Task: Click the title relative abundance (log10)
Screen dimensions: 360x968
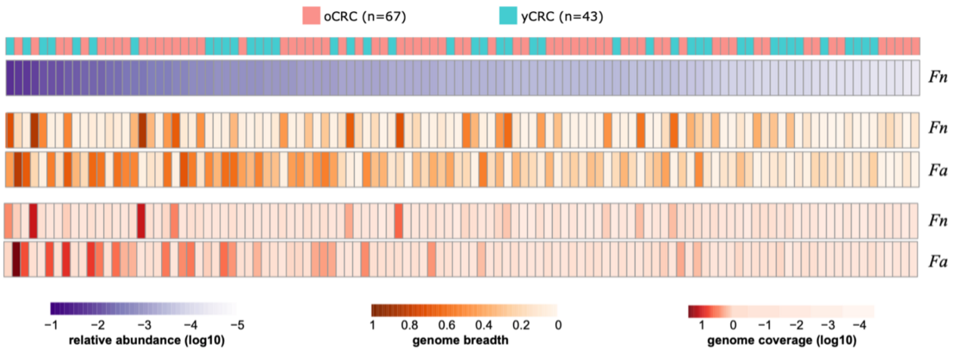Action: tap(147, 340)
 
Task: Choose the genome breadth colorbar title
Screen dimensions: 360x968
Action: tap(460, 340)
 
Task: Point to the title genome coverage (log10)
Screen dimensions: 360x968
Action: tap(782, 340)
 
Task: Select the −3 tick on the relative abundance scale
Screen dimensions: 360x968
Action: tap(144, 325)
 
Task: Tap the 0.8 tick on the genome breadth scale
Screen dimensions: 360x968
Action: tap(408, 325)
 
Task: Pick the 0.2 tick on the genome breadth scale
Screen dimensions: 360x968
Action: tap(520, 325)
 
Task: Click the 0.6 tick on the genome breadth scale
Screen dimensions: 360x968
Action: tap(445, 325)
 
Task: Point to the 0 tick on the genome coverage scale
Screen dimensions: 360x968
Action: tap(732, 325)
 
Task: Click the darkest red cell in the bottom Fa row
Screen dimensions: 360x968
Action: tap(16, 259)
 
